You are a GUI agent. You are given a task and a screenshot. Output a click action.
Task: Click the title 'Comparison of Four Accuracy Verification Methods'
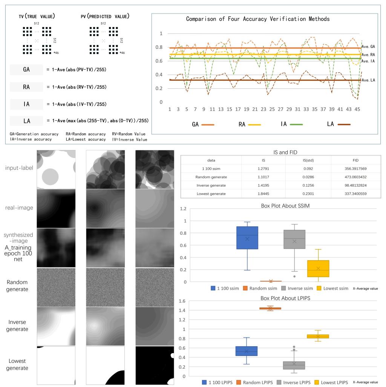click(258, 19)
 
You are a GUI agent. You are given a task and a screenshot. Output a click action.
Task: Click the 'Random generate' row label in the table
click(211, 177)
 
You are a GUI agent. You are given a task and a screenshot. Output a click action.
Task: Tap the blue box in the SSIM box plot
click(247, 238)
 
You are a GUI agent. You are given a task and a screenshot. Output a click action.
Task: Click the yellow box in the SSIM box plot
click(318, 269)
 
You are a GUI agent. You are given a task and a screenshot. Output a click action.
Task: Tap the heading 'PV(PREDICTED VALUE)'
click(106, 17)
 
